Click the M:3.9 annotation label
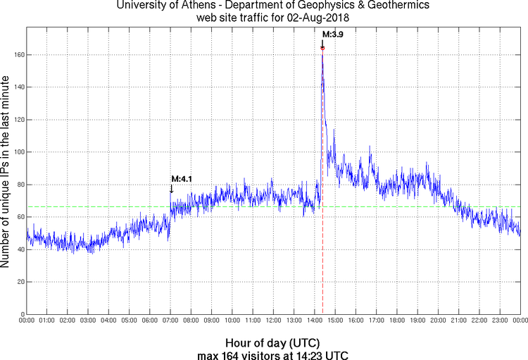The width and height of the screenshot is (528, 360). (333, 34)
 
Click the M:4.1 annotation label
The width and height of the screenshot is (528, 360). (182, 179)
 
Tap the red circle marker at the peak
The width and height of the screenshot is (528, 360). (322, 48)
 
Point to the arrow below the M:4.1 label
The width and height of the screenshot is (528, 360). (171, 189)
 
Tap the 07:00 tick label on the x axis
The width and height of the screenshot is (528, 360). (170, 321)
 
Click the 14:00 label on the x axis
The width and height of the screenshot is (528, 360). (315, 321)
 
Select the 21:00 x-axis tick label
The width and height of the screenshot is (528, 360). (458, 321)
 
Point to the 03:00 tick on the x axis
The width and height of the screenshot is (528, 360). (88, 321)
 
